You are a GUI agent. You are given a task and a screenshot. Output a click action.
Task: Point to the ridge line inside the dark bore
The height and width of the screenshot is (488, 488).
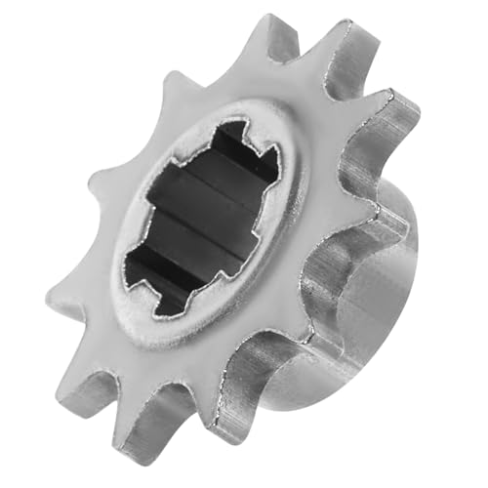point(195,234)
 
